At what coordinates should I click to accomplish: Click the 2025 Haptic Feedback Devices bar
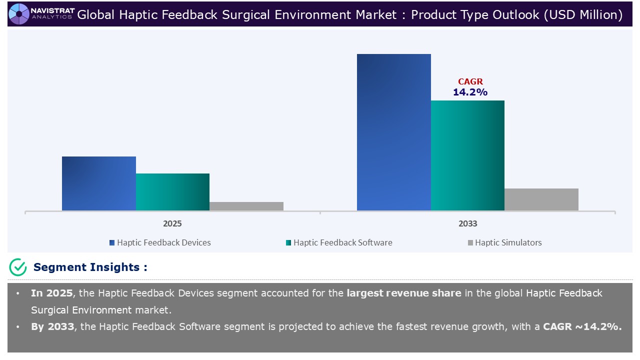[x=99, y=183]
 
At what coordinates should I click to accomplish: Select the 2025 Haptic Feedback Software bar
[x=172, y=192]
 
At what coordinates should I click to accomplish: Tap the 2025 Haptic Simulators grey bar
[x=246, y=206]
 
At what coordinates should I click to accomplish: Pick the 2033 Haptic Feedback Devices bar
[x=393, y=132]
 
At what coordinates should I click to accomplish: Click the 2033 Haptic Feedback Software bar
[x=467, y=155]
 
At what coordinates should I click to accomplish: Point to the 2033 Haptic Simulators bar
[x=541, y=199]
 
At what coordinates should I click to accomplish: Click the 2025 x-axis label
[x=172, y=223]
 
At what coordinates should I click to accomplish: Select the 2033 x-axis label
[x=467, y=223]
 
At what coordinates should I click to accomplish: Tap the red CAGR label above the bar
[x=470, y=82]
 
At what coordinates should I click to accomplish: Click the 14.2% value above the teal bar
[x=470, y=92]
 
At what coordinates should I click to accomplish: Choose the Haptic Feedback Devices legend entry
[x=160, y=242]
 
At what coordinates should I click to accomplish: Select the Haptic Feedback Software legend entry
[x=339, y=242]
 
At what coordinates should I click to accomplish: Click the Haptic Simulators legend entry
[x=504, y=242]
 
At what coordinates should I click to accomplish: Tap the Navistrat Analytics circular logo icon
[x=19, y=14]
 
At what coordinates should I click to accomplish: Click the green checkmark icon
[x=18, y=267]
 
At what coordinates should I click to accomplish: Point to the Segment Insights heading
[x=90, y=267]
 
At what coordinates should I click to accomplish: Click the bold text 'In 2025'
[x=51, y=293]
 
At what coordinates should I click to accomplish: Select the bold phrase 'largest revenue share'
[x=404, y=293]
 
